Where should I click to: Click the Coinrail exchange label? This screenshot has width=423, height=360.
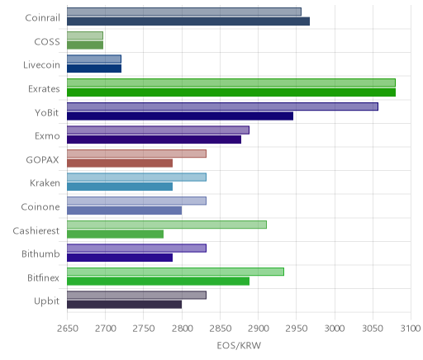click(42, 18)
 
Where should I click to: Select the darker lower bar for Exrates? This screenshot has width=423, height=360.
click(231, 92)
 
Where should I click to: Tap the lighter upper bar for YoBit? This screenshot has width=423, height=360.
click(222, 107)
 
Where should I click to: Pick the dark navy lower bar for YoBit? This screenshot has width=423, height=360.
click(180, 116)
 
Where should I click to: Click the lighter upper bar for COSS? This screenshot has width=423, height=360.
click(85, 36)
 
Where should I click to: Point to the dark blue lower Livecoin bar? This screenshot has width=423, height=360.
click(94, 69)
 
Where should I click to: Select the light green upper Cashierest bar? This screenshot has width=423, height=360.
click(167, 225)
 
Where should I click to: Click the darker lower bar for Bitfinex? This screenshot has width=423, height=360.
click(158, 282)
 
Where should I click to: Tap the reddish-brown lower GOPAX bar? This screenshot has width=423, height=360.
click(120, 163)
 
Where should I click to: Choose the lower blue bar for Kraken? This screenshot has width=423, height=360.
click(120, 187)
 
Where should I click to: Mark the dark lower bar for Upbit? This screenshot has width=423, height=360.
click(124, 305)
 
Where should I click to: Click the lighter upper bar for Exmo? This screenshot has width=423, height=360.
click(158, 130)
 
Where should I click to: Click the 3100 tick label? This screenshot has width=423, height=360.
click(411, 329)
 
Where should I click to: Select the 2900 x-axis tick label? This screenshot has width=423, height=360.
click(259, 329)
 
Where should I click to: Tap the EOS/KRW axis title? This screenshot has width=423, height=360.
click(239, 345)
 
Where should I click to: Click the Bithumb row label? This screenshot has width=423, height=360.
click(40, 253)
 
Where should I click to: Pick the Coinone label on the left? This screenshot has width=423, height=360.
click(40, 206)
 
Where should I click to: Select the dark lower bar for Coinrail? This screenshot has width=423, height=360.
click(188, 21)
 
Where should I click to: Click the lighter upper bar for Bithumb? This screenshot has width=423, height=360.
click(136, 249)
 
